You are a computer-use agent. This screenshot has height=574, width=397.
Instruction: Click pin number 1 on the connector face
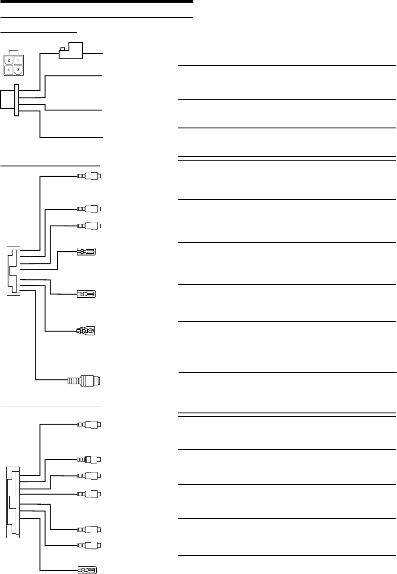point(18,60)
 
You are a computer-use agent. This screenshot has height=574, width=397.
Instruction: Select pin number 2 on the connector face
point(8,60)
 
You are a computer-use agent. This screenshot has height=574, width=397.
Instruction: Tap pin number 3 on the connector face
point(18,69)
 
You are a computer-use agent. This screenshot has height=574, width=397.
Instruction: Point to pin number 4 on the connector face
point(8,69)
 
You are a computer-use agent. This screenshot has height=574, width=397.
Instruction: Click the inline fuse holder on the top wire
point(71,50)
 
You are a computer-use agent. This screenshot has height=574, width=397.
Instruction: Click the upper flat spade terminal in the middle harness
point(87,252)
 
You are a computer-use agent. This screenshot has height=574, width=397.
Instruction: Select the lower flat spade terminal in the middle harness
point(87,294)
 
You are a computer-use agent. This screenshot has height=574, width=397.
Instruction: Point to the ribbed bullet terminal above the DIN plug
point(86,332)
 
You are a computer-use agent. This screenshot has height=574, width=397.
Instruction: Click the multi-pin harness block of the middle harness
point(13,271)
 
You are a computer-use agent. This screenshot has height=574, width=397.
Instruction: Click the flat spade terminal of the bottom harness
point(88,570)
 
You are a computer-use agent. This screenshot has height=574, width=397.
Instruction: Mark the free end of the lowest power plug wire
point(102,137)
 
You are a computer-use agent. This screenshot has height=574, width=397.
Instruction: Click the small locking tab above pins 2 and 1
point(13,53)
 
